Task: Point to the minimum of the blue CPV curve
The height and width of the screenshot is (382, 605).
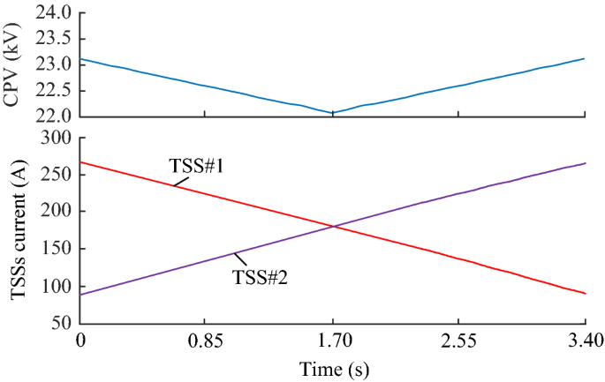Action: point(332,113)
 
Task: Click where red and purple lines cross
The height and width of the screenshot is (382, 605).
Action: point(333,227)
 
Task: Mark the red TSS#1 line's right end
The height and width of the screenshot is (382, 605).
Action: point(585,293)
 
